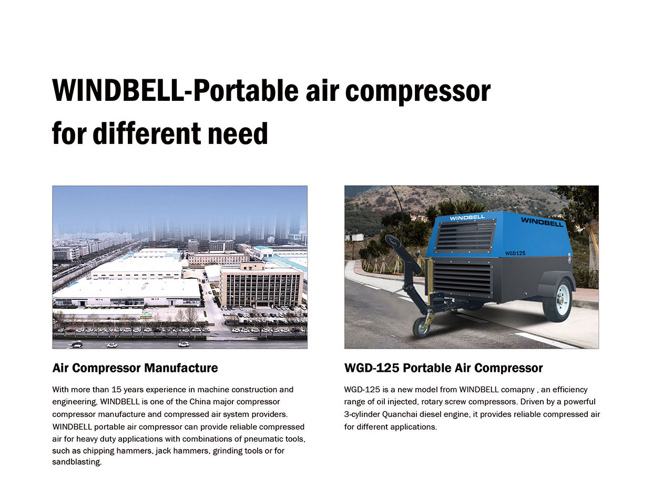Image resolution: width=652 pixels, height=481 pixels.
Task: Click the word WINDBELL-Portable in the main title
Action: pyautogui.click(x=176, y=90)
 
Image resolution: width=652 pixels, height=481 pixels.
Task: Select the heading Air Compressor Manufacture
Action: pyautogui.click(x=135, y=368)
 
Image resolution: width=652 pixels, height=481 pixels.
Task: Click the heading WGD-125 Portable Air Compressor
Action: pyautogui.click(x=443, y=368)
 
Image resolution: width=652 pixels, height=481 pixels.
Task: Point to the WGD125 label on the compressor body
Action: pyautogui.click(x=515, y=253)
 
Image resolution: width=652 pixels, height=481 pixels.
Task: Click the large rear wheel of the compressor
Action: pyautogui.click(x=557, y=301)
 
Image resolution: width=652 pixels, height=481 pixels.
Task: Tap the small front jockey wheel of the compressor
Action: pyautogui.click(x=421, y=327)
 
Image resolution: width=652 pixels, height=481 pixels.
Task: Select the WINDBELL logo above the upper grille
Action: pyautogui.click(x=467, y=217)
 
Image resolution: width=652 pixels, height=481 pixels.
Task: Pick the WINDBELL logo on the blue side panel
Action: pyautogui.click(x=542, y=222)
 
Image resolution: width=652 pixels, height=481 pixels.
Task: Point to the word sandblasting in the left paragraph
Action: pyautogui.click(x=77, y=462)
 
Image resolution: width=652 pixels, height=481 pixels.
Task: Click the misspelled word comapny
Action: pyautogui.click(x=518, y=390)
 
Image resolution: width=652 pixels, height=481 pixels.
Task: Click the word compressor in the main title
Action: pyautogui.click(x=417, y=91)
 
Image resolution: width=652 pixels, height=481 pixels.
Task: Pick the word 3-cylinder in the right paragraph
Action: pyautogui.click(x=362, y=414)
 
